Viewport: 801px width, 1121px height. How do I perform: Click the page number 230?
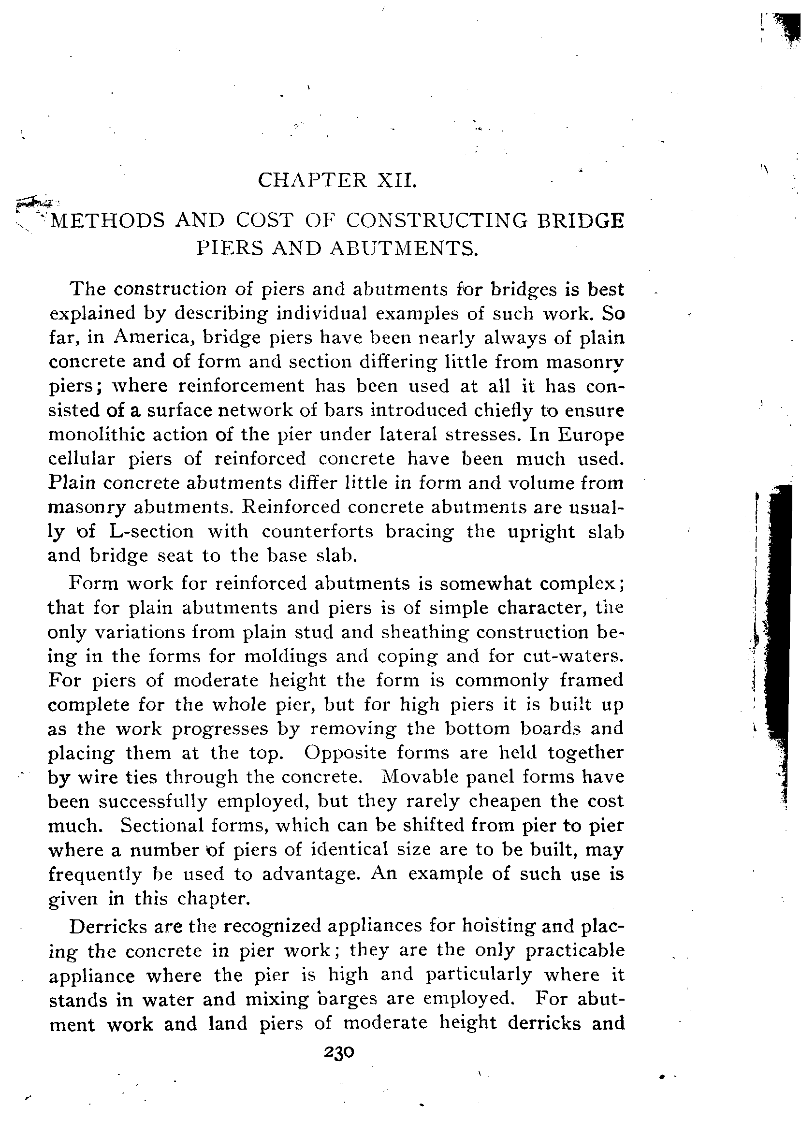tap(339, 1052)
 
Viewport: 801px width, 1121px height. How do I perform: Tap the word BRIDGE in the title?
tap(580, 220)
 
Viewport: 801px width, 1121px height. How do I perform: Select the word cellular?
tap(81, 459)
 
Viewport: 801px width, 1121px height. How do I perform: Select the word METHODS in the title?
tap(108, 220)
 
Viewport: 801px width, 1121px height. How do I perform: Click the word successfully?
tap(152, 801)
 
